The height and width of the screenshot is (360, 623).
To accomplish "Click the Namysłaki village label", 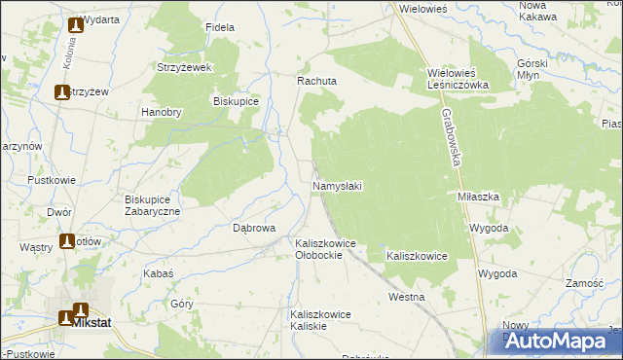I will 338,185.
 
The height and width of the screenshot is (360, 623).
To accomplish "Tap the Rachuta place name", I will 316,82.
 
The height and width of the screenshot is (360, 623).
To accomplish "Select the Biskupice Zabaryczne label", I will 152,205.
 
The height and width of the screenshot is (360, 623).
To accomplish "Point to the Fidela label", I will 220,27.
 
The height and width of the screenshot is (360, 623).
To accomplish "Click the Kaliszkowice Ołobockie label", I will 325,249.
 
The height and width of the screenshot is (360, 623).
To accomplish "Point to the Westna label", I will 406,296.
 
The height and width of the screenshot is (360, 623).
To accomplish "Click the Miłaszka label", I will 479,196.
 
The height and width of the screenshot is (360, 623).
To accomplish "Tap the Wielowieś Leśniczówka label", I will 463,79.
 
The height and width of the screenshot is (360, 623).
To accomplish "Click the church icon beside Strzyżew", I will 61,93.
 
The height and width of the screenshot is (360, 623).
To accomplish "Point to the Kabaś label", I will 158,274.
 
